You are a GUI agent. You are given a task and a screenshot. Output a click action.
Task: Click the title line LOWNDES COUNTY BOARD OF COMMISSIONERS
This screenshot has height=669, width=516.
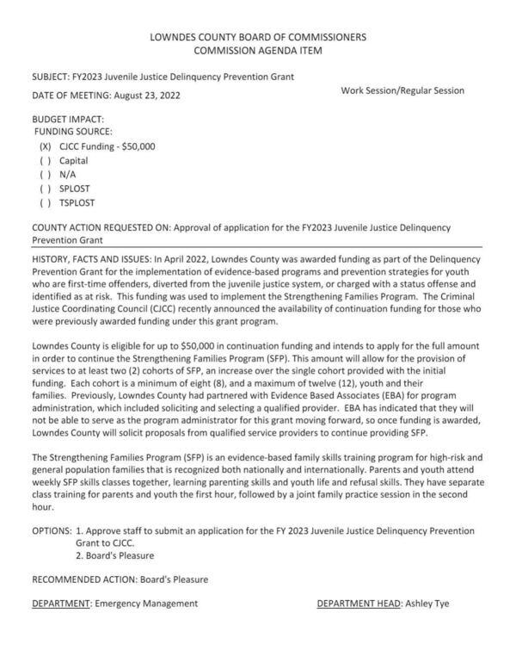click(x=258, y=37)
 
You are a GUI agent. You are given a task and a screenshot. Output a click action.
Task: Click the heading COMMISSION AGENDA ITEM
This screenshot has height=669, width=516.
click(x=258, y=52)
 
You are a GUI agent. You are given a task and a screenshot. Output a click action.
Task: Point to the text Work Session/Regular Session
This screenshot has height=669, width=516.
click(x=402, y=90)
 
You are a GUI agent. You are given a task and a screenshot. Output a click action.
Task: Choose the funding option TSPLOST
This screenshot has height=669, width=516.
click(x=77, y=202)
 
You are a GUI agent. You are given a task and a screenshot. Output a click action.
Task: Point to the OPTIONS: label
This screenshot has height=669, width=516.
click(x=52, y=530)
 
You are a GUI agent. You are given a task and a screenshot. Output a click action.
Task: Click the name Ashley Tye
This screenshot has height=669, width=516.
click(x=427, y=604)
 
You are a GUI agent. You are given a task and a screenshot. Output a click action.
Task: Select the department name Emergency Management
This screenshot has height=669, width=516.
click(x=145, y=604)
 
